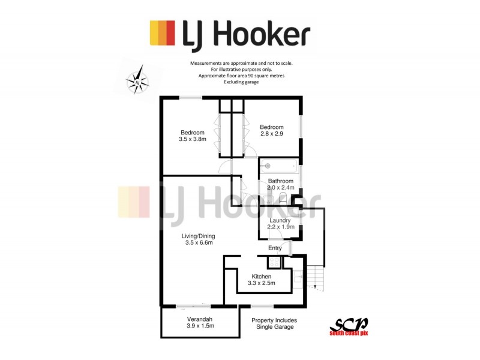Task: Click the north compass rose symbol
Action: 137,80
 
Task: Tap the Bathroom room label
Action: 281,181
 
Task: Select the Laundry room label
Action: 280,220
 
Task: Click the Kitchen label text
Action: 262,277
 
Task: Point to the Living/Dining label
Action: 199,236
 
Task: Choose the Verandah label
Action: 200,319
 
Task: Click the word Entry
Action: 275,248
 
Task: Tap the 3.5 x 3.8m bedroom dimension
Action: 193,139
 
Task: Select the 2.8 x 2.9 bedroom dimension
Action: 272,133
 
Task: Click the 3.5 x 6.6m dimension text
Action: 199,243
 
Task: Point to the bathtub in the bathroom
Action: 279,166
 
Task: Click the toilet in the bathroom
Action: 283,198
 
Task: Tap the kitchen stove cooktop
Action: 274,262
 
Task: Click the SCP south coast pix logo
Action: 349,327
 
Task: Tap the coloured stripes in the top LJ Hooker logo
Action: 162,33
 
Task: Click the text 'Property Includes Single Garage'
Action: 274,323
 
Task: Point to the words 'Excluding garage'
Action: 241,82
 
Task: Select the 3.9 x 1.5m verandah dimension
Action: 200,326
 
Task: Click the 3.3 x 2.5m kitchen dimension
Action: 262,283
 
